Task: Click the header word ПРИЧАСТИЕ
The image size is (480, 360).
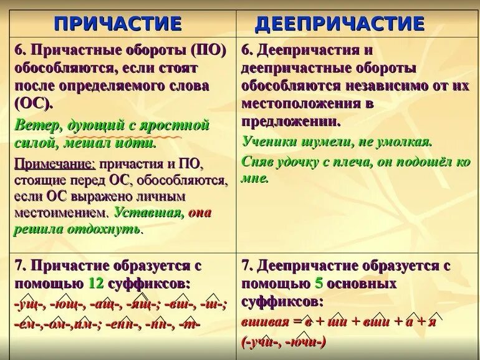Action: [x=118, y=24]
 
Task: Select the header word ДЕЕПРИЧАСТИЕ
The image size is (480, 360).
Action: [x=340, y=24]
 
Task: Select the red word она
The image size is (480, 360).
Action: [x=199, y=212]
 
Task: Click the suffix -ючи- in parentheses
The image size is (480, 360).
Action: [x=302, y=342]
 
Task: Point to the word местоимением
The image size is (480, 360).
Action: [x=60, y=213]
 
